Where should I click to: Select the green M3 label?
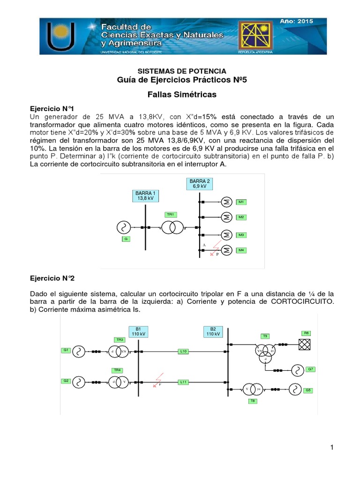(x=241, y=234)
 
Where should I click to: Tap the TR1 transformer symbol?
(x=172, y=228)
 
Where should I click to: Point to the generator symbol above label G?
(x=123, y=228)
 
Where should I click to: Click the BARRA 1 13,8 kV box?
(x=145, y=196)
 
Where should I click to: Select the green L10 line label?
(x=183, y=351)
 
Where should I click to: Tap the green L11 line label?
(x=183, y=382)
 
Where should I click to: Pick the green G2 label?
(x=66, y=381)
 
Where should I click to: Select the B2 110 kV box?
(x=213, y=331)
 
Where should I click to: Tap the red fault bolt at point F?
(x=157, y=379)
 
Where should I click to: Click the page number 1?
(x=332, y=447)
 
